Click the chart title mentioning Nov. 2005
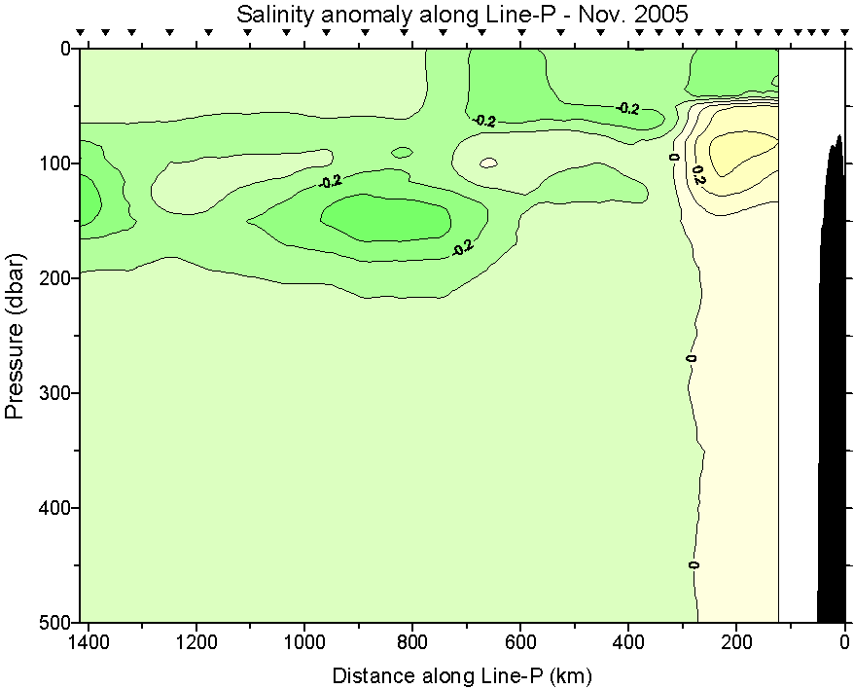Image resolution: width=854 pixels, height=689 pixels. click(x=462, y=14)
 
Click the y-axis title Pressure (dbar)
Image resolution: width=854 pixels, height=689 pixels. click(x=15, y=335)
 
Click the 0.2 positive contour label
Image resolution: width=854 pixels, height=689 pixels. click(x=697, y=175)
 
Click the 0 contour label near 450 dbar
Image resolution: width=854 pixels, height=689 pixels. click(x=694, y=564)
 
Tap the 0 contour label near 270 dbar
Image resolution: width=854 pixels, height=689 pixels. click(x=692, y=358)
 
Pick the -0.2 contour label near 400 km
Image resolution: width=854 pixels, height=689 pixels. click(x=628, y=108)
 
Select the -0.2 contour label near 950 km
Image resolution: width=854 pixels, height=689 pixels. click(x=331, y=181)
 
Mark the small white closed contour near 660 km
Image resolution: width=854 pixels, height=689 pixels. click(x=488, y=163)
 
